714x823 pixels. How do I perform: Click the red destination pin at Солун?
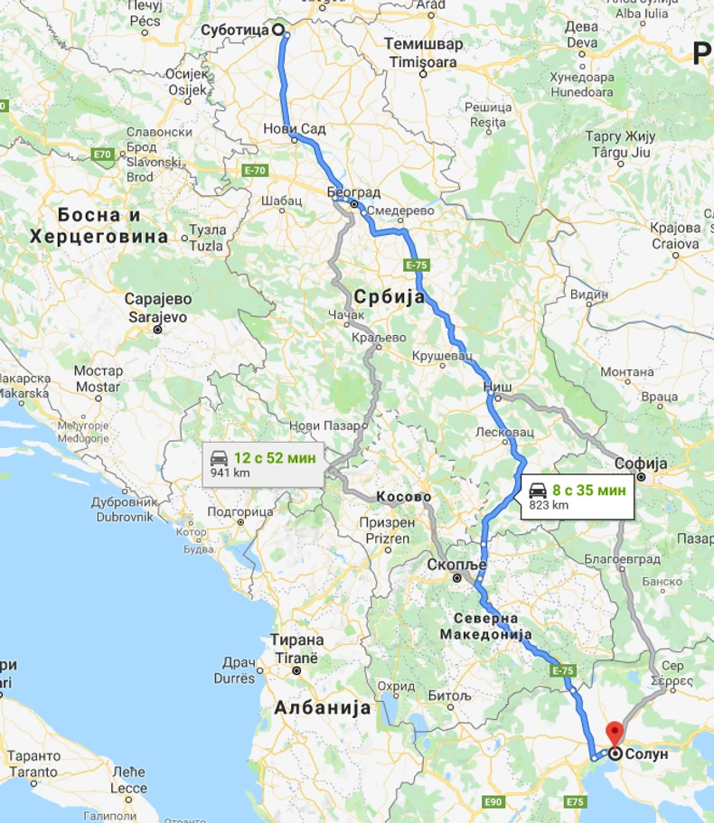pyautogui.click(x=615, y=733)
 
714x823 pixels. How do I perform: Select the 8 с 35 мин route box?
pyautogui.click(x=577, y=497)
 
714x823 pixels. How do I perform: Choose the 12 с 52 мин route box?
pyautogui.click(x=263, y=464)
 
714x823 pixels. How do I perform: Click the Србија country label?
pyautogui.click(x=390, y=297)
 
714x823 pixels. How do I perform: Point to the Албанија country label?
pyautogui.click(x=322, y=707)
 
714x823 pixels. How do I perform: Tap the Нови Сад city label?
pyautogui.click(x=295, y=129)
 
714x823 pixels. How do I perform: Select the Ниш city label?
pyautogui.click(x=498, y=386)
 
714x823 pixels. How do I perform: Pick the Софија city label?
pyautogui.click(x=640, y=463)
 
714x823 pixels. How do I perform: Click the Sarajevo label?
pyautogui.click(x=157, y=317)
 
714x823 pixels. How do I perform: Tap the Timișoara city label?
pyautogui.click(x=423, y=61)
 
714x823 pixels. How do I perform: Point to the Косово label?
pyautogui.click(x=403, y=497)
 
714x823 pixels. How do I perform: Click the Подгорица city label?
pyautogui.click(x=240, y=511)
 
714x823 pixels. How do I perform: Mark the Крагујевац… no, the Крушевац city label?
pyautogui.click(x=442, y=357)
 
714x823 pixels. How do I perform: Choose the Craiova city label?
pyautogui.click(x=675, y=244)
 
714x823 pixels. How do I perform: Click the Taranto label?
pyautogui.click(x=33, y=772)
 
